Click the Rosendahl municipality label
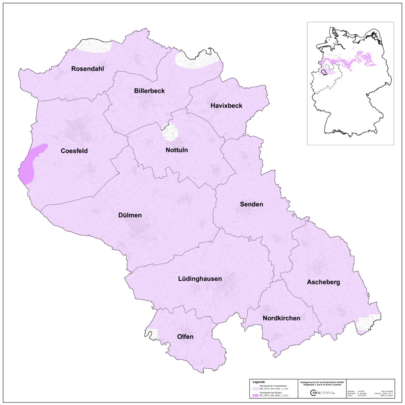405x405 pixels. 87,69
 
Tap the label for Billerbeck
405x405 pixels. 149,91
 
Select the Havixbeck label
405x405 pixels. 226,106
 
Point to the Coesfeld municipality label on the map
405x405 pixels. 74,151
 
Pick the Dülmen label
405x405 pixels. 130,215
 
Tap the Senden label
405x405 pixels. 251,204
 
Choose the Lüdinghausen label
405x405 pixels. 200,279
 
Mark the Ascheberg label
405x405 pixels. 323,282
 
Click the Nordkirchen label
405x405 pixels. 281,318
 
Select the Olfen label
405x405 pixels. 185,336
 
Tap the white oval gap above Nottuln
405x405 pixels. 170,132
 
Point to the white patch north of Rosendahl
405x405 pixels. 93,47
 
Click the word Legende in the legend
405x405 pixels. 259,382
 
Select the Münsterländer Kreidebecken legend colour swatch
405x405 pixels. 255,388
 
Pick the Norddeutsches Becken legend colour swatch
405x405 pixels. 255,395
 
